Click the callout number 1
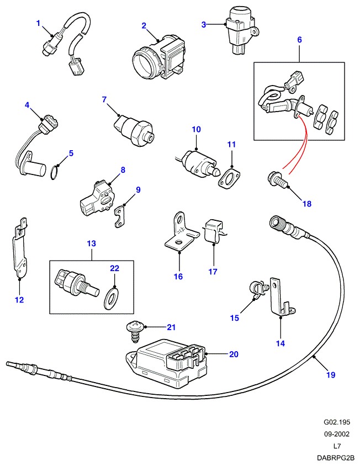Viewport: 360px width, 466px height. pos(39,23)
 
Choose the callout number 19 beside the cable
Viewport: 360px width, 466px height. pos(331,375)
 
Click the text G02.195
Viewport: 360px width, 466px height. pos(337,422)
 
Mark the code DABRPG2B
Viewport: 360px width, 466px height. pos(335,458)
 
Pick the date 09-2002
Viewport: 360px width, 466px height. pos(337,435)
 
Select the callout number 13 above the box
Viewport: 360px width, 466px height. pos(91,243)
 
